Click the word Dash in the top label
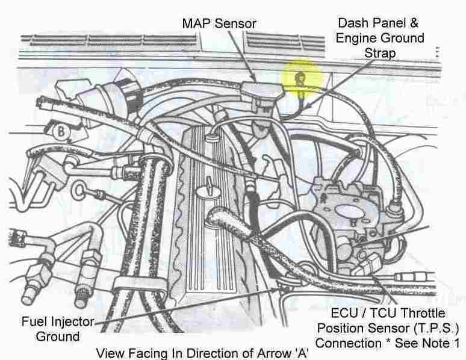click(352, 23)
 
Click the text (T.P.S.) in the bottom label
click(438, 329)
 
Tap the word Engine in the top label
click(356, 38)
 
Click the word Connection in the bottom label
click(347, 344)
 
